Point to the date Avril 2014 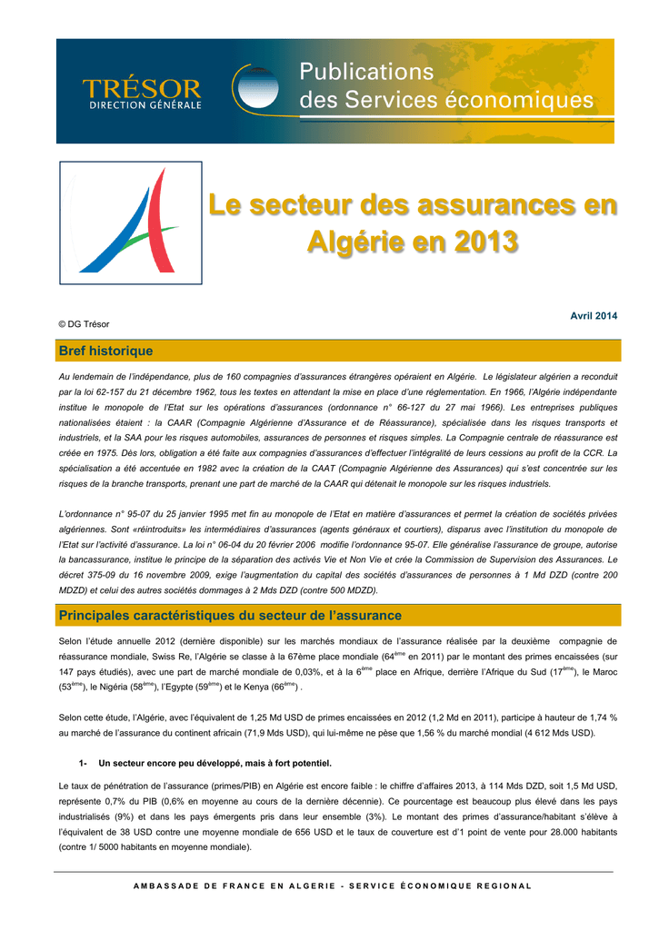[593, 315]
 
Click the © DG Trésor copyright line [84, 324]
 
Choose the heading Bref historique [105, 351]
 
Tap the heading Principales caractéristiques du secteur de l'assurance [229, 616]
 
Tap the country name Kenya [255, 688]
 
